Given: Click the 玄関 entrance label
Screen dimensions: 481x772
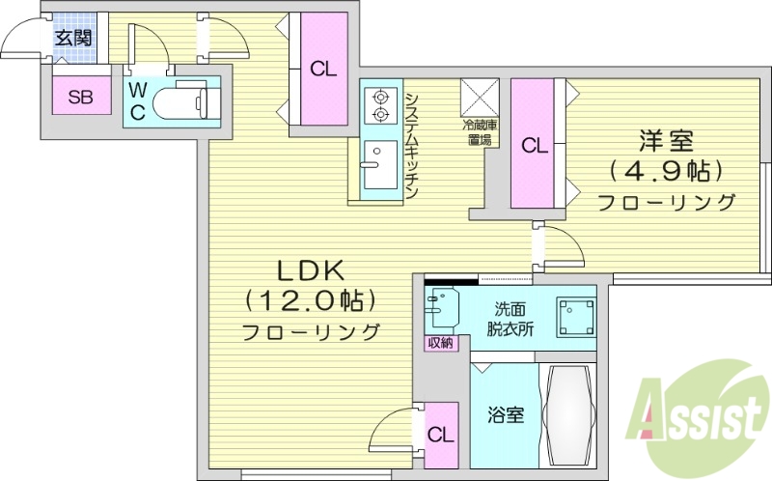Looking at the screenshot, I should tap(72, 39).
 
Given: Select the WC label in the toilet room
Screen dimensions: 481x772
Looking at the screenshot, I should tap(139, 100).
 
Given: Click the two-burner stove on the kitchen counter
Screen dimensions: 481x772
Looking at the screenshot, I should tap(380, 106).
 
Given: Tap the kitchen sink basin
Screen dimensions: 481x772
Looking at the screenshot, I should tap(379, 155).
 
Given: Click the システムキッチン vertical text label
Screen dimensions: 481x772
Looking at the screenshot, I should tap(411, 145).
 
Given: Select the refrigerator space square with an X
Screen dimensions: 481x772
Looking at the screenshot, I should tap(478, 96).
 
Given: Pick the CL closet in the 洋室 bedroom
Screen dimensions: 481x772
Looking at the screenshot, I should tap(534, 145).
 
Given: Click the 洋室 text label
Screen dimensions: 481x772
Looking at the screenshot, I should tap(666, 141).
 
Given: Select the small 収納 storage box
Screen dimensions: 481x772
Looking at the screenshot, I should tap(439, 344).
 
